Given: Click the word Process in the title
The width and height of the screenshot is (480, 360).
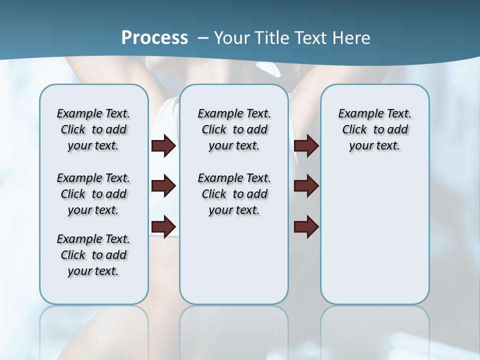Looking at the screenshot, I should [x=154, y=38].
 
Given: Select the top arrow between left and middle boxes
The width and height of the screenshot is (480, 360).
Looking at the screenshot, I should [x=163, y=146].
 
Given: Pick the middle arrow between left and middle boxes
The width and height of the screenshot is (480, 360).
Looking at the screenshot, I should [x=163, y=186].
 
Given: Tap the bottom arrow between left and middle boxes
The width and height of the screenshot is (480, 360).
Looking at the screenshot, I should [x=163, y=226].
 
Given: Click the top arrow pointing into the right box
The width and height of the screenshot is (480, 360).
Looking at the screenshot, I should [x=306, y=146].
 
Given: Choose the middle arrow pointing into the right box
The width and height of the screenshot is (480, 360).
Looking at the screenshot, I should [x=306, y=186].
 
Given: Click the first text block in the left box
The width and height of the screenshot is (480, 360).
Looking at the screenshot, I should [x=93, y=129].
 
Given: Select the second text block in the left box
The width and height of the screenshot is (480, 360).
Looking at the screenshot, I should [x=93, y=194].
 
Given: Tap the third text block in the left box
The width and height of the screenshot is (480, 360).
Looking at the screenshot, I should [x=93, y=255].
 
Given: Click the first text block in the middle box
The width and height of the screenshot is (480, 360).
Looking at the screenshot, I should [x=234, y=129].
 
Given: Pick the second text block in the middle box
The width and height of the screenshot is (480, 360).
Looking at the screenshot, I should [x=234, y=194].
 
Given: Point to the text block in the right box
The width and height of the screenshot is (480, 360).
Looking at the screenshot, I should [x=374, y=129].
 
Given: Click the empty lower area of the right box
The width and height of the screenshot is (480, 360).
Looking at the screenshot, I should [x=374, y=240].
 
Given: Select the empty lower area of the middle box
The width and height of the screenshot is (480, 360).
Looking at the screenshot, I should [x=234, y=260].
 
